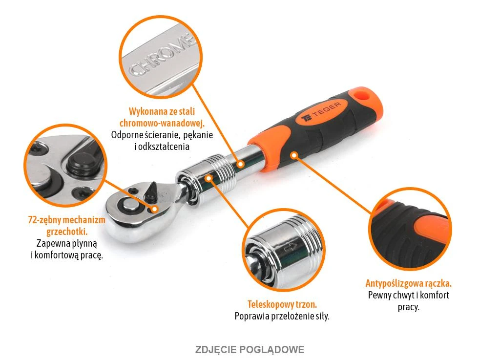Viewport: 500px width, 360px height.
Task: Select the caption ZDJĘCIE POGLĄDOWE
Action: click(250, 349)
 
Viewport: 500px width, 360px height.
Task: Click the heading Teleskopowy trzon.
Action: click(282, 304)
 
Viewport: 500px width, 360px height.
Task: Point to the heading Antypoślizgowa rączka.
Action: click(409, 283)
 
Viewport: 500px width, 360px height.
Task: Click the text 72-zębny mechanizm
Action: click(66, 220)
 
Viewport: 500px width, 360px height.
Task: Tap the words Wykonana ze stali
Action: click(162, 111)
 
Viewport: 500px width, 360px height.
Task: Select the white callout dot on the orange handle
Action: click(294, 155)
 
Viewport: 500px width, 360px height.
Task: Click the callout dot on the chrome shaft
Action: click(241, 164)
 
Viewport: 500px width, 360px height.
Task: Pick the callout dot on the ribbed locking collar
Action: click(208, 178)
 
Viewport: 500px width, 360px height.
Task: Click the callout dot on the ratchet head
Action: click(154, 209)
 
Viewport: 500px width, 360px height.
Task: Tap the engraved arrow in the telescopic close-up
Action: click(291, 247)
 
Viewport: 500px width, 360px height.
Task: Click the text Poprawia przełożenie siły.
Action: click(282, 317)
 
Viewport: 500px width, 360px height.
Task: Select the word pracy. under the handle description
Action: click(409, 307)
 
